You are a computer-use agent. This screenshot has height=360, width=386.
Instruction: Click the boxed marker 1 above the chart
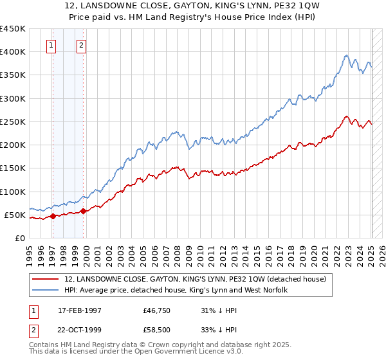51,46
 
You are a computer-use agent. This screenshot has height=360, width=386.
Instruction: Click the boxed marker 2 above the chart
82,46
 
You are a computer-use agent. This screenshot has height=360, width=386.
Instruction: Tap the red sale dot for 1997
53,216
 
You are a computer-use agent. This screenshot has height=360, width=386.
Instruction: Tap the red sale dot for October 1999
84,211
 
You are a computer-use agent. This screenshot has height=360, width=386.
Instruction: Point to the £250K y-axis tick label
12,122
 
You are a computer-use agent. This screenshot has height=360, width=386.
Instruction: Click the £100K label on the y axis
12,192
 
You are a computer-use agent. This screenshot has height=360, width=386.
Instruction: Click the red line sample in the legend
46,279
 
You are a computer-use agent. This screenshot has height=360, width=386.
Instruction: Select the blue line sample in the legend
46,290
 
